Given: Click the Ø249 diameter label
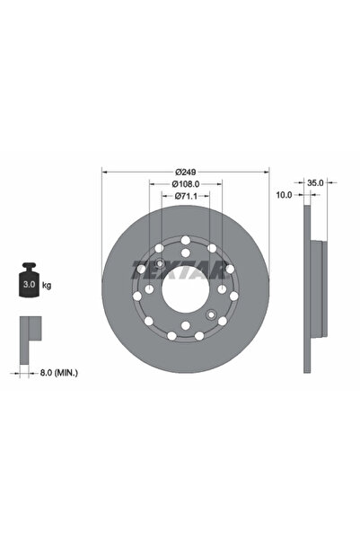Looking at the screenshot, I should click(x=186, y=171).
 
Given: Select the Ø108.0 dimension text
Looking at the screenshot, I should click(x=185, y=183).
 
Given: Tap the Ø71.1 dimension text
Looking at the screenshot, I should click(x=185, y=196).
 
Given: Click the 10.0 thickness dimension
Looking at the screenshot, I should click(x=285, y=193).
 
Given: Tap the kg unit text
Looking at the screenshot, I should click(x=47, y=285).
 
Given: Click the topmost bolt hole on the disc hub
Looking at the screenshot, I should click(x=185, y=240).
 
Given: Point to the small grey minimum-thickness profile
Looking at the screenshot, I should click(x=30, y=332).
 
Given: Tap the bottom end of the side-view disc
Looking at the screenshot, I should click(x=307, y=367).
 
